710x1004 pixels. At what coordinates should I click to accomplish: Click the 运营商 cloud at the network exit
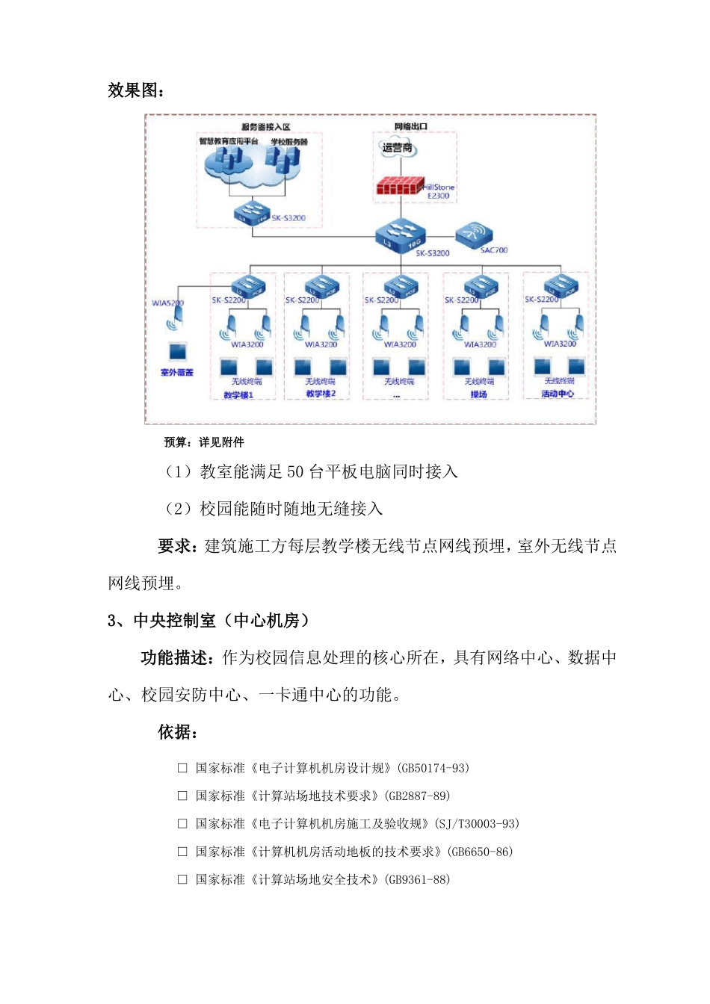[x=397, y=148]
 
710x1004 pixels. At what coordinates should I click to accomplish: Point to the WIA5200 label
[x=167, y=303]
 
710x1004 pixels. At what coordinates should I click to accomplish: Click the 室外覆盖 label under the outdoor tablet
[x=177, y=372]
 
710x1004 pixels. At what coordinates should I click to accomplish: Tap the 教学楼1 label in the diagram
[x=238, y=394]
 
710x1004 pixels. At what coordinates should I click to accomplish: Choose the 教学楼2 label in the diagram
[x=321, y=394]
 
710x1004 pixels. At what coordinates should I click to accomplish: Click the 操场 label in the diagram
[x=478, y=394]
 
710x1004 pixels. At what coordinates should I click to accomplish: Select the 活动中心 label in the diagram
[x=558, y=394]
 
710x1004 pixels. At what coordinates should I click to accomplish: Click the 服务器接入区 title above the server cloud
[x=265, y=127]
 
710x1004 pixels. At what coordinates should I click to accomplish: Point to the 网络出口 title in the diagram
[x=411, y=126]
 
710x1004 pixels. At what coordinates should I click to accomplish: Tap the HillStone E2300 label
[x=439, y=191]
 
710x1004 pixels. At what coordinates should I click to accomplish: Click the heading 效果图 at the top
[x=136, y=90]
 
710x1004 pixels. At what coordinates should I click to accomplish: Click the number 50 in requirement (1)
[x=295, y=471]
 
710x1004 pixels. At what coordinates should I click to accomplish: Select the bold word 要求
[x=176, y=546]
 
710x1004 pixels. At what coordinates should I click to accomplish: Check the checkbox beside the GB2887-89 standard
[x=182, y=796]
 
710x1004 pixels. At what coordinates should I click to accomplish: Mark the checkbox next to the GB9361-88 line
[x=182, y=880]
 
